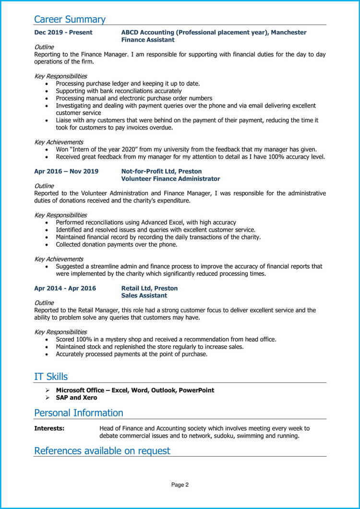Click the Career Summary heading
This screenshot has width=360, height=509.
(70, 20)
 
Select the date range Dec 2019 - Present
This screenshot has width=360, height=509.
(63, 33)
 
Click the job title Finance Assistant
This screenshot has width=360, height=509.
(148, 40)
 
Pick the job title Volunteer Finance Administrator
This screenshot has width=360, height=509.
(170, 179)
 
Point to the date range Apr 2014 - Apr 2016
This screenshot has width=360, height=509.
(65, 288)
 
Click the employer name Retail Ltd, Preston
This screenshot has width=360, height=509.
(149, 288)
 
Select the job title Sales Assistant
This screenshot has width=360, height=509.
(144, 296)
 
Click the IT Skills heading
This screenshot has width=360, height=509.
(51, 377)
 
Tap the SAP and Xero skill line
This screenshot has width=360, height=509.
(76, 398)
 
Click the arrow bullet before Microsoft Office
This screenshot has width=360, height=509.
(48, 391)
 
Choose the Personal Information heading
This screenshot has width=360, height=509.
(79, 413)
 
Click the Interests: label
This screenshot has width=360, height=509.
(49, 428)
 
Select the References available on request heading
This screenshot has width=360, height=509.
(102, 451)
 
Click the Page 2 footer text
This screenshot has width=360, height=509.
(180, 485)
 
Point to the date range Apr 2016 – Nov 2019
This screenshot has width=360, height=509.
(66, 171)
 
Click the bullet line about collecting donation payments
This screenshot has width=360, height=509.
(117, 245)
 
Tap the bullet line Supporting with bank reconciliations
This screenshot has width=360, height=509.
(119, 91)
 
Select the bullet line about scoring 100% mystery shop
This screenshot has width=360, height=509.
(166, 340)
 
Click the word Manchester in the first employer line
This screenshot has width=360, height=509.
(289, 33)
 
